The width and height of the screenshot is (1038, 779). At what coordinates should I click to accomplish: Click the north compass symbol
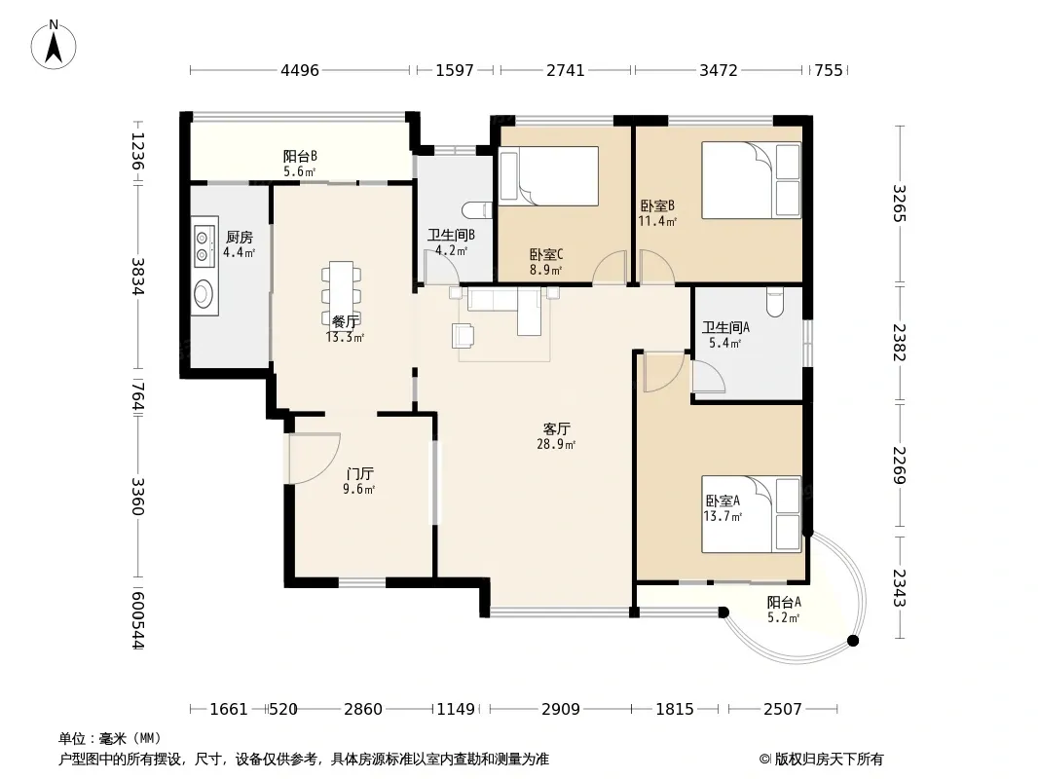tap(54, 45)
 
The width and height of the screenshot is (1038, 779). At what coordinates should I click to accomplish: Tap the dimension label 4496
tap(300, 70)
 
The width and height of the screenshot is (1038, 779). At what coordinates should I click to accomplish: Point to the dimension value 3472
tap(719, 70)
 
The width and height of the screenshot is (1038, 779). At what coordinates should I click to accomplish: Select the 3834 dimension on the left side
tap(137, 276)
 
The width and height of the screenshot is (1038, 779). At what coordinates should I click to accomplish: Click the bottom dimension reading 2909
tap(561, 710)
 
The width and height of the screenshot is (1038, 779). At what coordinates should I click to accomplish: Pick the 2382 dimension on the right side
tap(899, 342)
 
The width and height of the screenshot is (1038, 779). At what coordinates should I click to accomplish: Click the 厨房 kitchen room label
tap(239, 237)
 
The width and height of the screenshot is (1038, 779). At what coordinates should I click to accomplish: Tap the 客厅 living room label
tap(556, 428)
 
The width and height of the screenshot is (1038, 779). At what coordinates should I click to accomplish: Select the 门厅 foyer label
tap(359, 474)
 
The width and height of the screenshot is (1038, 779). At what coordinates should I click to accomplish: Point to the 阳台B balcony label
tap(300, 156)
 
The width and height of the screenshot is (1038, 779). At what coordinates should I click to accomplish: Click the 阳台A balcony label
tap(784, 603)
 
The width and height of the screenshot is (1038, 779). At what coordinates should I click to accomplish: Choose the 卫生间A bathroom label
tap(725, 327)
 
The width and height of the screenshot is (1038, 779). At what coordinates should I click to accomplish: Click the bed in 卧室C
tap(549, 176)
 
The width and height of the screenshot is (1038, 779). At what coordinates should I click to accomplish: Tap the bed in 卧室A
tap(752, 514)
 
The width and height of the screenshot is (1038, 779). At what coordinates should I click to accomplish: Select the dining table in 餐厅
tap(342, 292)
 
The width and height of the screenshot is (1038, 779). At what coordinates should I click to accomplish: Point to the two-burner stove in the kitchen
tap(204, 245)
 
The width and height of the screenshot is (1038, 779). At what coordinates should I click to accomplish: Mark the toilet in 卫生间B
tap(479, 210)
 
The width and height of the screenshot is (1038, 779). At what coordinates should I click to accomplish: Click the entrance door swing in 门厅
tap(315, 458)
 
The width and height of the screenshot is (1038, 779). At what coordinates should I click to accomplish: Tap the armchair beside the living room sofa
tap(463, 335)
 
